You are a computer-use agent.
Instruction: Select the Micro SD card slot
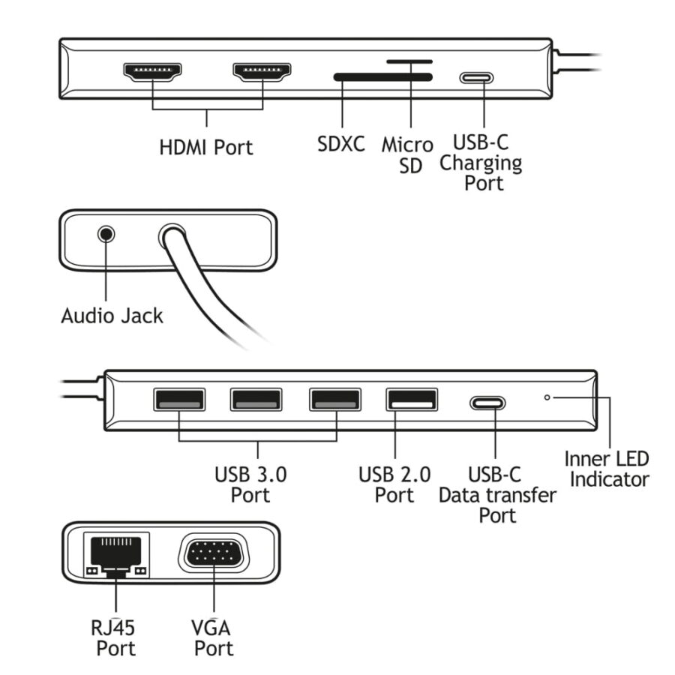[409, 61]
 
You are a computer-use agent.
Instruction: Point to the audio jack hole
[106, 233]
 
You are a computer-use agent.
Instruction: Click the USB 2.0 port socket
[412, 400]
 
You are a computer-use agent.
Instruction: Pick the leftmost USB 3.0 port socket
[178, 400]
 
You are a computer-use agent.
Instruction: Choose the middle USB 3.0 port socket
[256, 400]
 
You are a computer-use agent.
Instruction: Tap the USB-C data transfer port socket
[487, 403]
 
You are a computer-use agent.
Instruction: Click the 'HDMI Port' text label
[206, 147]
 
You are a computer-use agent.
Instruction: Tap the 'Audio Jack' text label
[112, 316]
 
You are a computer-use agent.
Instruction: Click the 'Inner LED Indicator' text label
[607, 469]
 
